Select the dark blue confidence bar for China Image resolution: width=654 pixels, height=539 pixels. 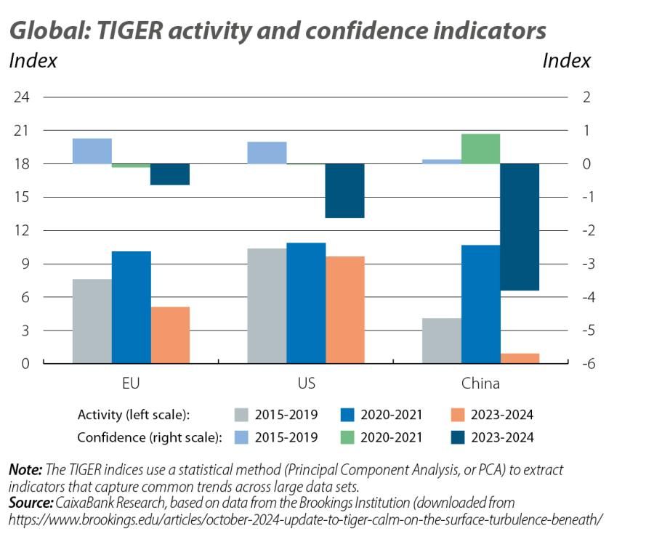520,227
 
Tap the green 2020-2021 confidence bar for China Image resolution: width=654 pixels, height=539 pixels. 480,149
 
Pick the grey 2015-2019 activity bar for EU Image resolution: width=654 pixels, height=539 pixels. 92,321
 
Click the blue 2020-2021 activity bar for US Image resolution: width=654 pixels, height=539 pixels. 306,303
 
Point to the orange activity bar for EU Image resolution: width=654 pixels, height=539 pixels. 170,335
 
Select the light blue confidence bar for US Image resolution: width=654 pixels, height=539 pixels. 267,153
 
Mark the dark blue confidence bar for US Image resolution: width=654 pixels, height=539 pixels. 344,190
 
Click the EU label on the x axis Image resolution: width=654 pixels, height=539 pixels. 132,383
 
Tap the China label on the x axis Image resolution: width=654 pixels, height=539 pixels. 480,383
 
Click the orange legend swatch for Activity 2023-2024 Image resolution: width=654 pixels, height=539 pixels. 456,416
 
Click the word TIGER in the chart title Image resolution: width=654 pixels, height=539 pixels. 135,31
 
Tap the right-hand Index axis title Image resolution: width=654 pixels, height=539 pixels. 566,61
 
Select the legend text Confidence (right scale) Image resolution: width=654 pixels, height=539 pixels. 148,437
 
